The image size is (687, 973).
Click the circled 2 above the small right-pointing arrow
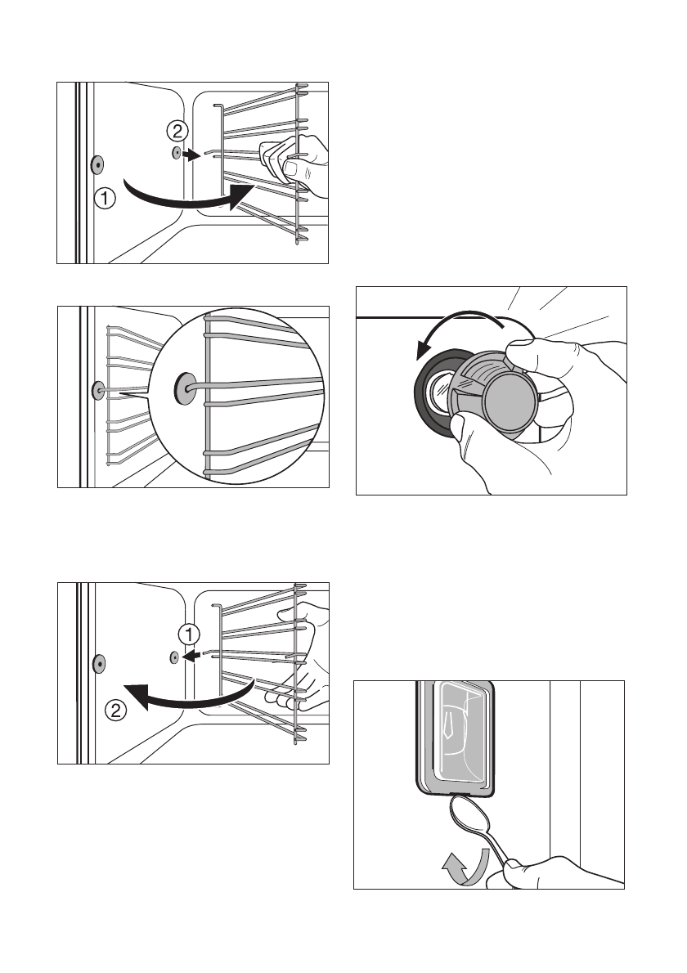click(177, 128)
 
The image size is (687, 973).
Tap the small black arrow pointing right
click(191, 154)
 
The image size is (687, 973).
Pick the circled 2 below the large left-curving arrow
click(117, 711)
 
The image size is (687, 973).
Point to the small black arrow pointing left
click(191, 656)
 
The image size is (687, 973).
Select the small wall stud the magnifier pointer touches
click(98, 391)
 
